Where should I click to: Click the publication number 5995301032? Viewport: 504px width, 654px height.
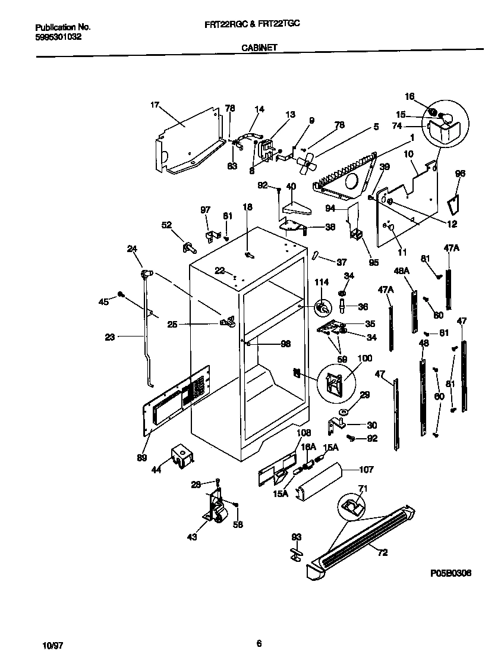click(59, 36)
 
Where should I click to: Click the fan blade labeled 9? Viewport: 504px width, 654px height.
click(307, 162)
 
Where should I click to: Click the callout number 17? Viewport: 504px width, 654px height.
click(155, 105)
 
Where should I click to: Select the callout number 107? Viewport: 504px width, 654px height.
click(366, 470)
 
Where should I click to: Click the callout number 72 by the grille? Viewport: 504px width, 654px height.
click(382, 553)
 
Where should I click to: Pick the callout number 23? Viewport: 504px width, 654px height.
click(109, 337)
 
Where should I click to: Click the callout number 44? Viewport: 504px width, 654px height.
click(156, 470)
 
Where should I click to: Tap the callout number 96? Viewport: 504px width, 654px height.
click(459, 174)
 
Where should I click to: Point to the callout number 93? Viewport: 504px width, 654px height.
click(296, 537)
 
